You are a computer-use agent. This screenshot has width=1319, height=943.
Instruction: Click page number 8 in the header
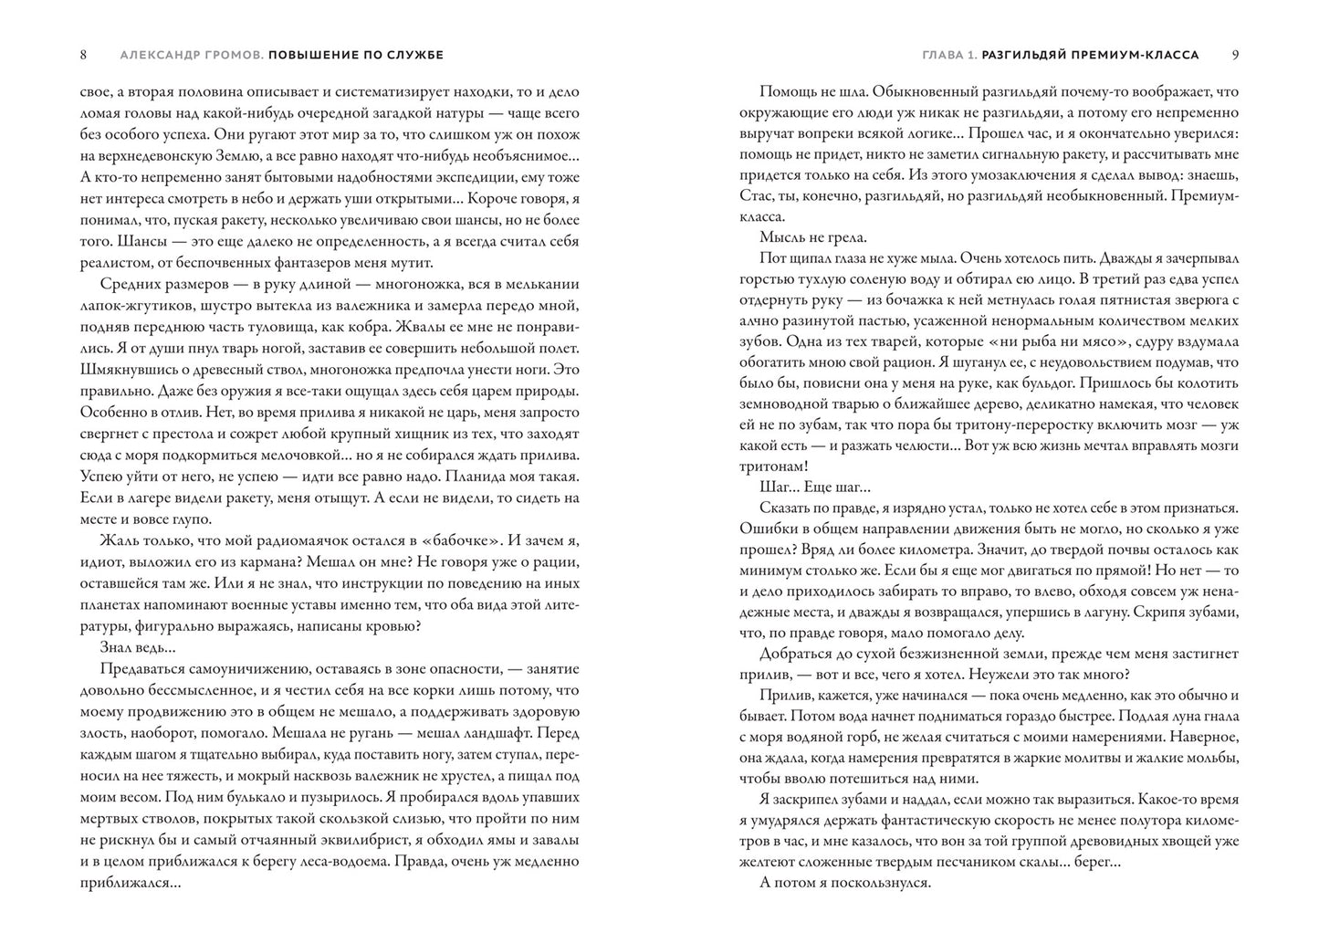83,55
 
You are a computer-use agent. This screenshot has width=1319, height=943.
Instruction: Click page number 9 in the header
1235,55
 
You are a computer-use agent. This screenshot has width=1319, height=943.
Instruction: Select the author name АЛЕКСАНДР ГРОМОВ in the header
191,55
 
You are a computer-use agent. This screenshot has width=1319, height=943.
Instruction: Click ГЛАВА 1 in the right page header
949,55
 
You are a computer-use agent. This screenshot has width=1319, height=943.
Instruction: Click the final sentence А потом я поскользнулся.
844,883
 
